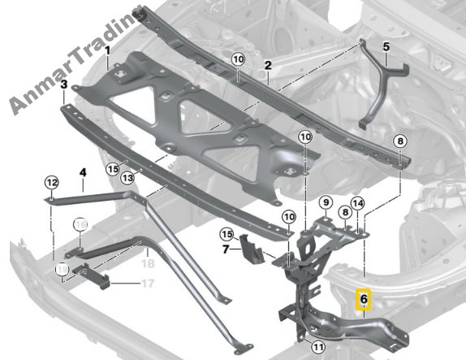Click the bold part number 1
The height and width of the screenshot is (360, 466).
[107, 51]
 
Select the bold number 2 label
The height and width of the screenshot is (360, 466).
[268, 66]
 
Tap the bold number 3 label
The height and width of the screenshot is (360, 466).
[64, 85]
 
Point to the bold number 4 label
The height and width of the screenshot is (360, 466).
[83, 172]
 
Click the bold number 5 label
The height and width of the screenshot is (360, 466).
[386, 47]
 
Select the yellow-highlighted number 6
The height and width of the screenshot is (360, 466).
[364, 299]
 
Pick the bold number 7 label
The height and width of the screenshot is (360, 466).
[226, 249]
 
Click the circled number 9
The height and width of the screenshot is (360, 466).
[326, 203]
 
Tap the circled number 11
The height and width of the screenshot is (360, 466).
[318, 347]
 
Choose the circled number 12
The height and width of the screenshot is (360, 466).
[52, 182]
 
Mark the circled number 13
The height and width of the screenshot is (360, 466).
[127, 178]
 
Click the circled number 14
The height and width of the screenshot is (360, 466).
[357, 203]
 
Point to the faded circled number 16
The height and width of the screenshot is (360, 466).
[80, 224]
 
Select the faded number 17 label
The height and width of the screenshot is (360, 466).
[148, 284]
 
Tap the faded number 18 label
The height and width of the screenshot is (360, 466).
[148, 263]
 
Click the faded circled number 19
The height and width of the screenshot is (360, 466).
[63, 270]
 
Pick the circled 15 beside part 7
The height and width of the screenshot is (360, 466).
[227, 235]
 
